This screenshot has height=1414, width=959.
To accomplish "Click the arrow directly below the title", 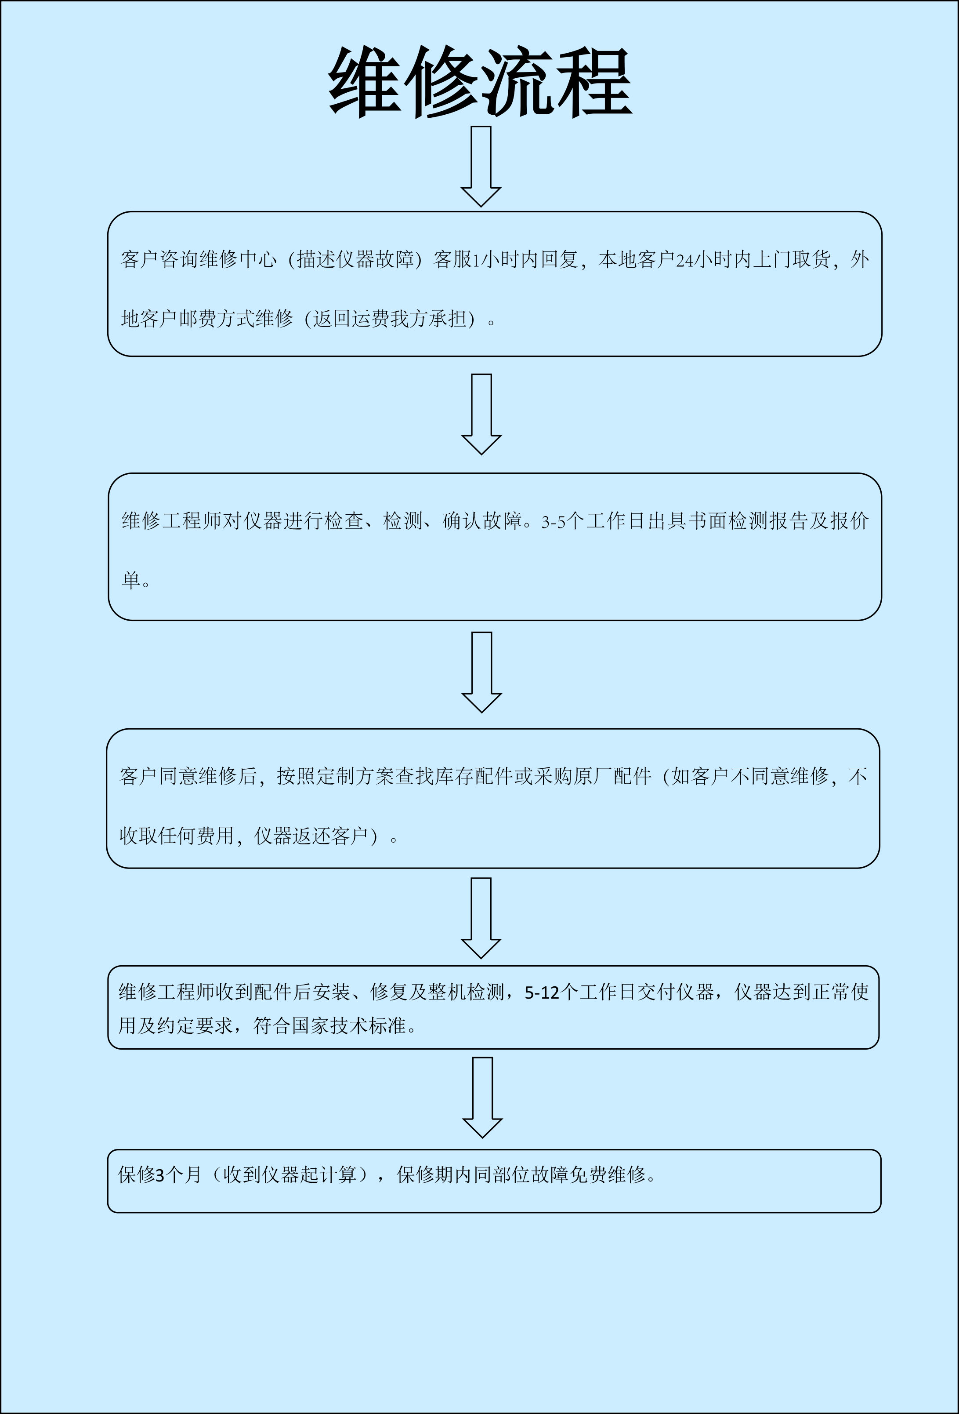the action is coord(481,166).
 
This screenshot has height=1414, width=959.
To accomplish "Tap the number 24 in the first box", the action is coord(685,260).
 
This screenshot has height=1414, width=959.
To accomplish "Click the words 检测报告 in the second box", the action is coord(768,521).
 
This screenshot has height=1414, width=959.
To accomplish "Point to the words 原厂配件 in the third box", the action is coord(612,776).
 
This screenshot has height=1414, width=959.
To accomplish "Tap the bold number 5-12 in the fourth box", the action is coord(542,993).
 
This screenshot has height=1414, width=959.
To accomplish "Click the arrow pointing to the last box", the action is coord(482,1098).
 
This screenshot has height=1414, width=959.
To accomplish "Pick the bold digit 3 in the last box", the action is coord(160,1175).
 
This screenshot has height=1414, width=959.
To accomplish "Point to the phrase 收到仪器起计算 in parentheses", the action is coord(290,1174).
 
